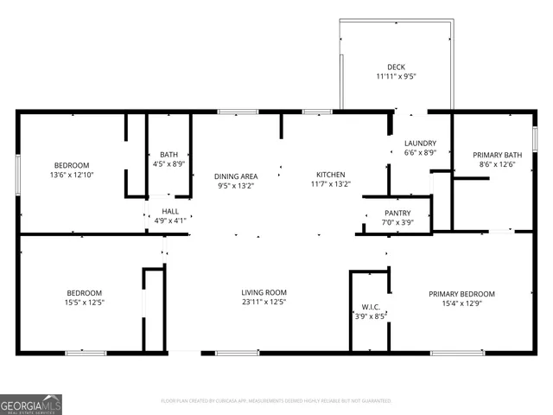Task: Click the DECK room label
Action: [x=396, y=67]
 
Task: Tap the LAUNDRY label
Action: [x=420, y=144]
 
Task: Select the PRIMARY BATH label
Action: [x=501, y=155]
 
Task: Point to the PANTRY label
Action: [x=397, y=213]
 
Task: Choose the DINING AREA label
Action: [x=236, y=176]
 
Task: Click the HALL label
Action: [x=170, y=211]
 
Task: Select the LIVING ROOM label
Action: [x=264, y=292]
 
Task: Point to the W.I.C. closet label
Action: [x=370, y=307]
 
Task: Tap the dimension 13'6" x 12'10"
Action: [x=72, y=175]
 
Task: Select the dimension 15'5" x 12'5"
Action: [x=85, y=302]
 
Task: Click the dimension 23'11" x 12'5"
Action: [x=264, y=302]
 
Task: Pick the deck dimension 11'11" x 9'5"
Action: [x=396, y=76]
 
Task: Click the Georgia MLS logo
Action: [x=31, y=404]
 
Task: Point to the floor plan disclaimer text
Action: [x=276, y=401]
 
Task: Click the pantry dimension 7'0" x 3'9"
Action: [x=397, y=222]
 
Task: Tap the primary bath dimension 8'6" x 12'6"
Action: [x=501, y=164]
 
